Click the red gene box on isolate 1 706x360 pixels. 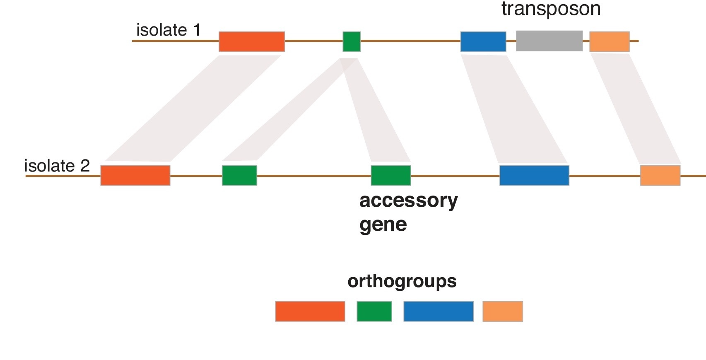(x=252, y=41)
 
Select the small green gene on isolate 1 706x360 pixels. (x=352, y=41)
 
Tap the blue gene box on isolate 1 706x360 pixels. (x=483, y=41)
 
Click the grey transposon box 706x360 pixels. (x=549, y=41)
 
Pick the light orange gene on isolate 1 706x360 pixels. (x=609, y=41)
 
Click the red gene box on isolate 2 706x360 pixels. (x=135, y=175)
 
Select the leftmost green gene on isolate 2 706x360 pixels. (x=239, y=175)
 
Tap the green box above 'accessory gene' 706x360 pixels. (x=390, y=175)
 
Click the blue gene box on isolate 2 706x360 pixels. (x=534, y=175)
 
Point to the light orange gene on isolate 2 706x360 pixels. (x=660, y=175)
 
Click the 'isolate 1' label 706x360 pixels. (x=168, y=30)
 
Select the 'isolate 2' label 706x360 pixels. (x=57, y=166)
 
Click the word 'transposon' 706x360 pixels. (x=551, y=9)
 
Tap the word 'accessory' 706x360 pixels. (x=408, y=201)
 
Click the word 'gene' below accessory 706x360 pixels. (x=383, y=225)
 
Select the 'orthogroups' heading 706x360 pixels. (x=402, y=281)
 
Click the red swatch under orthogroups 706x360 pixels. (x=310, y=311)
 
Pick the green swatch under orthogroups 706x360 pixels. (x=374, y=311)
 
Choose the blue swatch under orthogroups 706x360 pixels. (x=438, y=311)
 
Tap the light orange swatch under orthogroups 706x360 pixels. (x=502, y=311)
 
